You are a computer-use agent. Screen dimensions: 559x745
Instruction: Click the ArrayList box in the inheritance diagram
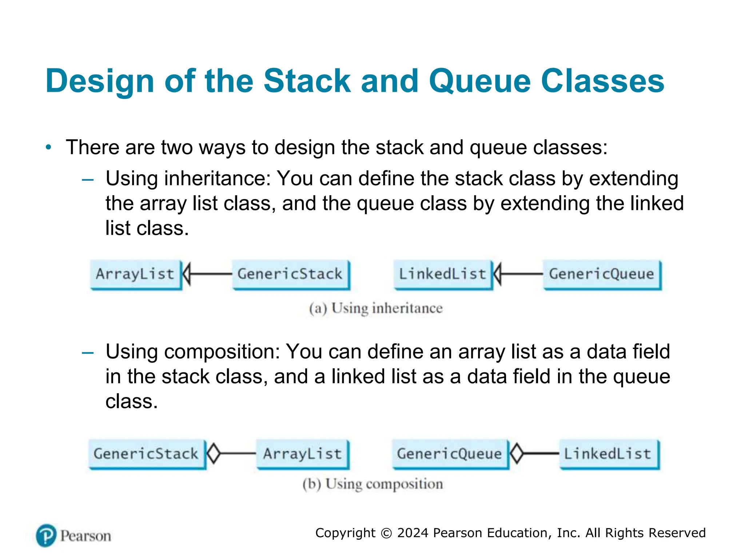[135, 274]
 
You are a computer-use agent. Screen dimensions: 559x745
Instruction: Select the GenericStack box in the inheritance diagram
[290, 274]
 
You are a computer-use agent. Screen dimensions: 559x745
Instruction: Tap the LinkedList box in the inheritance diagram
[443, 274]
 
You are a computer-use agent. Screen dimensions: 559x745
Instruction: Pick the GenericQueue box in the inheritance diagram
[602, 274]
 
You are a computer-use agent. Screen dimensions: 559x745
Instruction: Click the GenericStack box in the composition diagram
[146, 454]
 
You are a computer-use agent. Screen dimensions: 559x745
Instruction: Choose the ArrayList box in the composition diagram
[302, 454]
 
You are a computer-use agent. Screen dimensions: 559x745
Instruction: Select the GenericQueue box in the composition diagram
[450, 454]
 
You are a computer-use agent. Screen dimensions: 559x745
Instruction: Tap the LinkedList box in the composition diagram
[608, 454]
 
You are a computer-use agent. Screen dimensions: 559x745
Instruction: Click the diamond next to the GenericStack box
[214, 453]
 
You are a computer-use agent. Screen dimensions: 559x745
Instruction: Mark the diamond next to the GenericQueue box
[517, 453]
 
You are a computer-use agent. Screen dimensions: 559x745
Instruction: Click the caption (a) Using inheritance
[376, 308]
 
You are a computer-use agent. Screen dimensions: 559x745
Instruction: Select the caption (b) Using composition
[373, 484]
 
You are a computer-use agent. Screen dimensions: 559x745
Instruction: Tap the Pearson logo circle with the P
[46, 535]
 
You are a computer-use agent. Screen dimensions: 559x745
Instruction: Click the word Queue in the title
[480, 81]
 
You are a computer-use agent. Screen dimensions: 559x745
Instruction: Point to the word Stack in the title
[307, 81]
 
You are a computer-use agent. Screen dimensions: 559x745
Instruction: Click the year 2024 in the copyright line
[413, 533]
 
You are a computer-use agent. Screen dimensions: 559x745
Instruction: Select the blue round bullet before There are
[48, 147]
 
